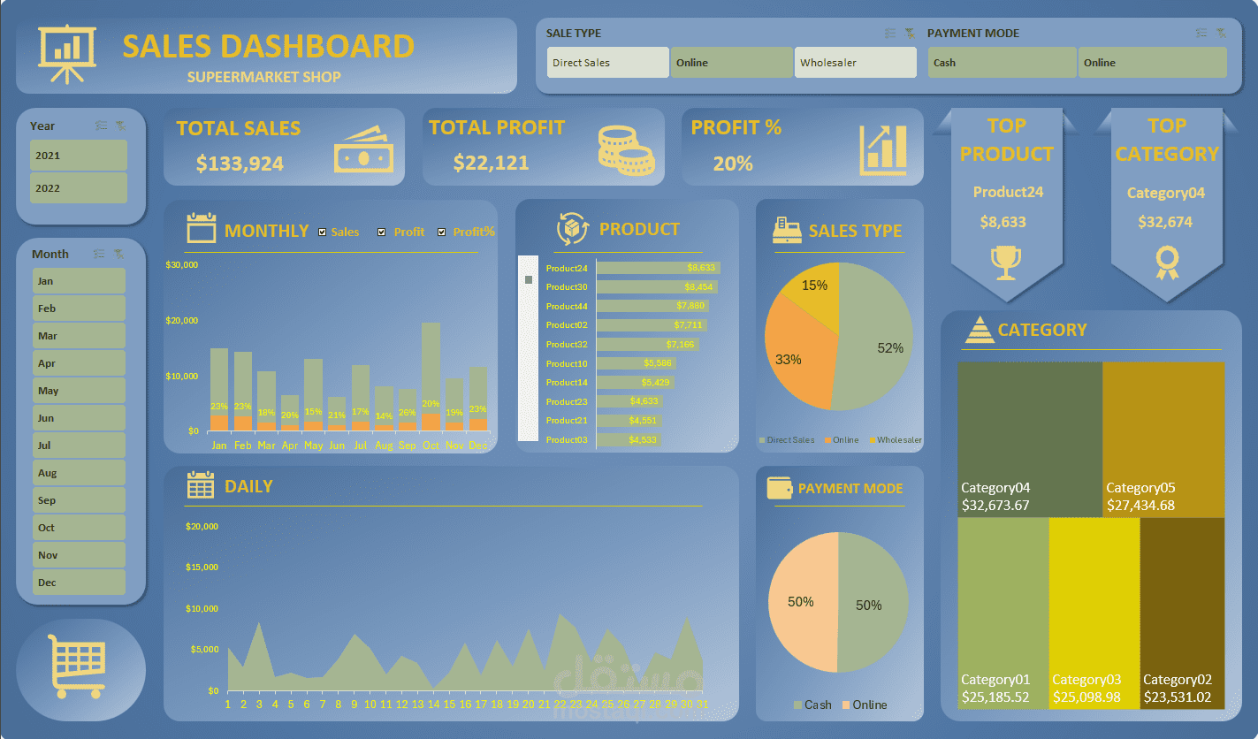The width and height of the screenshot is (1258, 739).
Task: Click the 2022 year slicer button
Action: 79,187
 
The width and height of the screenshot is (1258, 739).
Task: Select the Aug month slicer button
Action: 79,473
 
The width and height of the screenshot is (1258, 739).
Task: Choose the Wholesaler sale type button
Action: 855,63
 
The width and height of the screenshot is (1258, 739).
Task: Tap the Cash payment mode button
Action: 1002,63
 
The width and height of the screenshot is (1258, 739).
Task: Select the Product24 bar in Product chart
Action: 658,268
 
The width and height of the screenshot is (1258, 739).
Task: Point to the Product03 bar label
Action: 567,440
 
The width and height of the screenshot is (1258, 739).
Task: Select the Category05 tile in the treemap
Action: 1163,438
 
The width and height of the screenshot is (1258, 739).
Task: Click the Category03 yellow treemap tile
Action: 1094,610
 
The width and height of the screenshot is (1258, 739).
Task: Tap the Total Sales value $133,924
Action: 240,164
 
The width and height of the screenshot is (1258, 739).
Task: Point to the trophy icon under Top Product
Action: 1006,262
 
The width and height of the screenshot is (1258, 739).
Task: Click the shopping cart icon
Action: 80,664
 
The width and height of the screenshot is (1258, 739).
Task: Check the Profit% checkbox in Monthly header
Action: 442,232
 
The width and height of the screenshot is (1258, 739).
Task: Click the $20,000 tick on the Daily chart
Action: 202,527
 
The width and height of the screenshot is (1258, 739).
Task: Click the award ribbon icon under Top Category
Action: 1167,262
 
